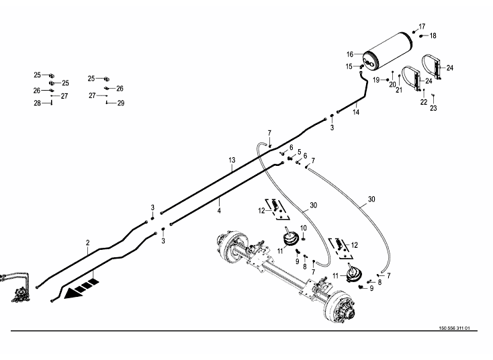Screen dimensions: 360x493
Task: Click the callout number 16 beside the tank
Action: pos(350,54)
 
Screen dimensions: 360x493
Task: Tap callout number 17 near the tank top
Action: pos(422,26)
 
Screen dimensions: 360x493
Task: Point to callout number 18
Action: pos(433,36)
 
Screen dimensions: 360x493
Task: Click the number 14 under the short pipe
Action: pos(356,112)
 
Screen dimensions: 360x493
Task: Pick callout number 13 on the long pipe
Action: pos(232,160)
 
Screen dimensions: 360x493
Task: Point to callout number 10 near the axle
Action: pos(304,228)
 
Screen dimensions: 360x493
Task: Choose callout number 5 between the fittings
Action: pos(298,152)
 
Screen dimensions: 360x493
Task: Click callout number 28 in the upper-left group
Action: pos(38,103)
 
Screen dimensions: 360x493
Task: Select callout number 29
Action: pos(121,103)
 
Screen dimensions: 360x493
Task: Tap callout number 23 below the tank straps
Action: pos(433,107)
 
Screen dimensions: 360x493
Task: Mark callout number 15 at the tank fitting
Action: pos(349,66)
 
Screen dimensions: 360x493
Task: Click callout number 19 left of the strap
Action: pos(377,80)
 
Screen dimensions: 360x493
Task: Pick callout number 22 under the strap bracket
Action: pos(424,101)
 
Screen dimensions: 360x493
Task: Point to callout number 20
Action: pos(393,84)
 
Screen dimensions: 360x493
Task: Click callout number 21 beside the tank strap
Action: pos(398,90)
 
